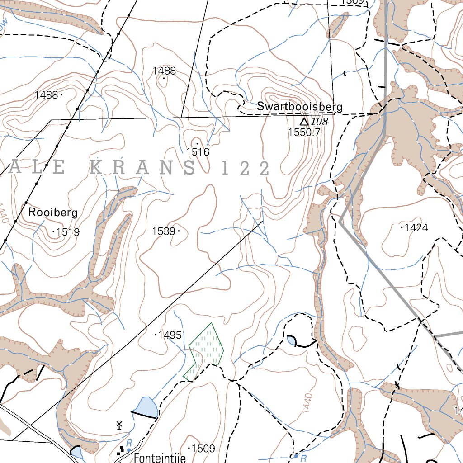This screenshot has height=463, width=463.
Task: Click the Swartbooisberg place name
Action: tap(299, 107)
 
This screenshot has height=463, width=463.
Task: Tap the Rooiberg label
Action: tap(53, 212)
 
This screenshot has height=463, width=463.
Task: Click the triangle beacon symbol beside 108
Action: tap(304, 122)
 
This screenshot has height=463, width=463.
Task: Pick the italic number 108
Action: tap(319, 122)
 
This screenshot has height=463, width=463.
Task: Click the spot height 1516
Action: tap(198, 152)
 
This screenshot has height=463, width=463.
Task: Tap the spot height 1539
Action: tap(163, 231)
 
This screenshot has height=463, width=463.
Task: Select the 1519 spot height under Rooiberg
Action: tap(68, 232)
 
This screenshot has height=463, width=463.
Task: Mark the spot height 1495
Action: tap(170, 335)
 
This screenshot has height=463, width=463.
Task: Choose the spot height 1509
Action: tap(203, 449)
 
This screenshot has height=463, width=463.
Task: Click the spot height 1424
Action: tap(416, 227)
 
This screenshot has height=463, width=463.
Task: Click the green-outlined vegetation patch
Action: tap(207, 350)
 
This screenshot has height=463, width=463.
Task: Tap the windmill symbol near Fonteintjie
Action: tap(119, 425)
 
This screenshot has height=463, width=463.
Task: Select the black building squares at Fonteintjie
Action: tap(121, 450)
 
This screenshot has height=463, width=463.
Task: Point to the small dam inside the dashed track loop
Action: tap(290, 340)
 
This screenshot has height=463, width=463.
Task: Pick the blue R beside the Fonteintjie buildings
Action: tap(129, 443)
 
